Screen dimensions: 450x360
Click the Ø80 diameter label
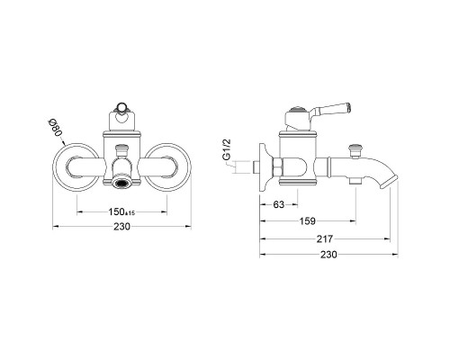pos(56,127)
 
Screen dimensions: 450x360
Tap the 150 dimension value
pos(116,211)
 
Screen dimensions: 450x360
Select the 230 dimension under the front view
pos(121,226)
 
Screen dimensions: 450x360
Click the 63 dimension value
pos(279,204)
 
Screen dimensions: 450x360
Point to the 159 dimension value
pos(308,221)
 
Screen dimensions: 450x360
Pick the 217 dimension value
pos(325,238)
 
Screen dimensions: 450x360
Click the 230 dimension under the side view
pos(328,255)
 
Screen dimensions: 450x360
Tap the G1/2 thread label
pos(227,149)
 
